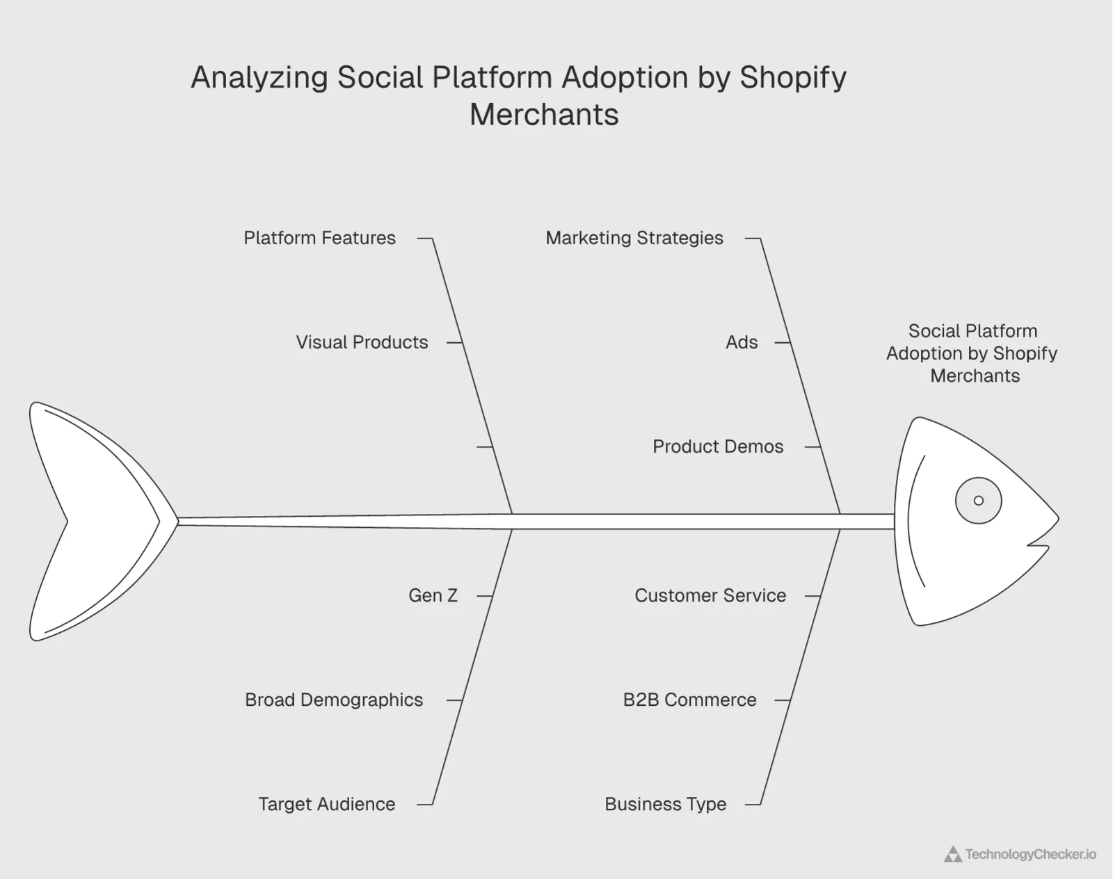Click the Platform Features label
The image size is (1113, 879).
click(x=319, y=238)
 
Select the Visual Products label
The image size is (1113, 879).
click(x=362, y=342)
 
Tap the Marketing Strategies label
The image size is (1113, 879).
click(x=634, y=238)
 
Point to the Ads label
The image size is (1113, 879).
click(x=742, y=342)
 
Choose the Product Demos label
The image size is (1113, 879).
click(x=717, y=446)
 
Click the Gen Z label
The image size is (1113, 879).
click(x=433, y=595)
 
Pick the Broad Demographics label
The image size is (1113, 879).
click(x=334, y=700)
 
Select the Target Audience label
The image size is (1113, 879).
click(x=326, y=804)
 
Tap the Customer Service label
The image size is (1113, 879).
click(x=710, y=595)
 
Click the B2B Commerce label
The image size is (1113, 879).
click(x=689, y=700)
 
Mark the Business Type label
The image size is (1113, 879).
click(x=665, y=804)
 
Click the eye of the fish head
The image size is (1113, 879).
click(x=978, y=501)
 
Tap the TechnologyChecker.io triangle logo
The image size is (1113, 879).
click(x=952, y=855)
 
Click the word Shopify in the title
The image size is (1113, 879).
click(x=792, y=77)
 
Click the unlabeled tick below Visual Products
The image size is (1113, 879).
click(x=485, y=446)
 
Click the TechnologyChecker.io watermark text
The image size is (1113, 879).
click(x=1030, y=855)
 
